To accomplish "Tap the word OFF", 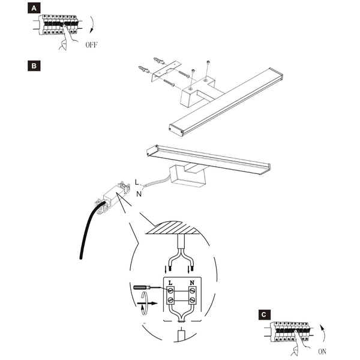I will pyautogui.click(x=91, y=45).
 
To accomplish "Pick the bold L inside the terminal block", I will pyautogui.click(x=171, y=281).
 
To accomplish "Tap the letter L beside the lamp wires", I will pyautogui.click(x=137, y=181).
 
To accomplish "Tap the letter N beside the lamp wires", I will pyautogui.click(x=140, y=194).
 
